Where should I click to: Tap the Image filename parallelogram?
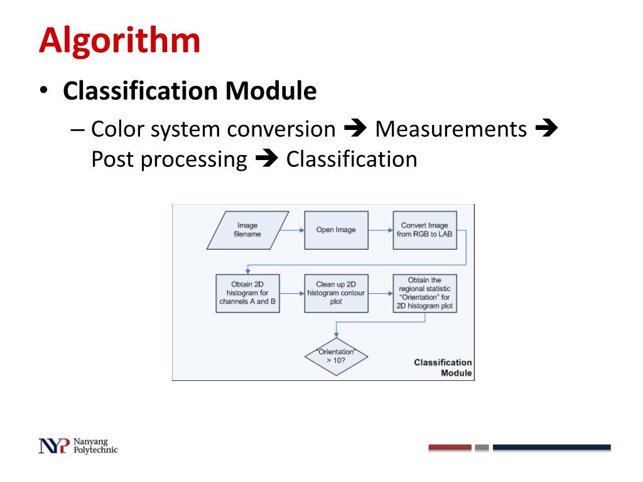click(x=247, y=230)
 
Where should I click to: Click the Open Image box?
click(x=336, y=230)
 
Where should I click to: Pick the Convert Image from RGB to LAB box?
click(x=424, y=230)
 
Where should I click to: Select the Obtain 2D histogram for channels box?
click(x=247, y=293)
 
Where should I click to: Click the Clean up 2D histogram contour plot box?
click(x=336, y=293)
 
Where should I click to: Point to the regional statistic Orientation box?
click(x=424, y=293)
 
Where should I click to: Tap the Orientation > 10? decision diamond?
click(x=336, y=356)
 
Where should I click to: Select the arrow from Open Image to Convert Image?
click(x=381, y=230)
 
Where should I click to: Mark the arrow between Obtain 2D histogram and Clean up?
click(x=291, y=293)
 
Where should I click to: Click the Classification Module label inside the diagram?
click(x=443, y=368)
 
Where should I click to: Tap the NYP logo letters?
click(x=54, y=445)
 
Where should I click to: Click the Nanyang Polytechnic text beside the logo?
click(x=95, y=445)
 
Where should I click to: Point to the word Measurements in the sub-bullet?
click(x=451, y=129)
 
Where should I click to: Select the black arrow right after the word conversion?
click(x=355, y=129)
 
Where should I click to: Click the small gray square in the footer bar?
click(x=482, y=447)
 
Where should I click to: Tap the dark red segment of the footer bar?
click(x=450, y=447)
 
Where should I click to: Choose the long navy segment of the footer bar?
click(x=551, y=447)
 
